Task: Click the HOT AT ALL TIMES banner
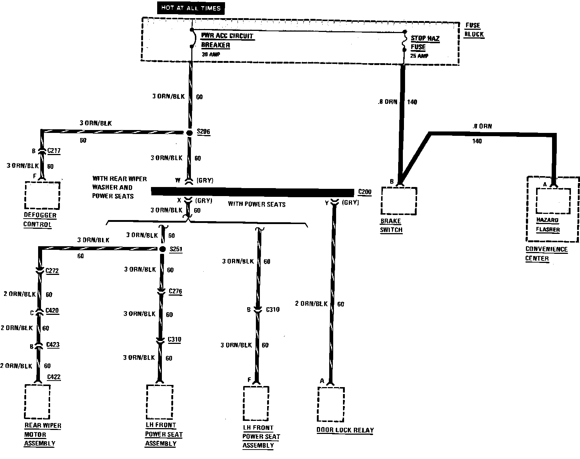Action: [191, 8]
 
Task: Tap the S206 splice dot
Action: [189, 133]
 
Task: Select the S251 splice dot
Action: [163, 249]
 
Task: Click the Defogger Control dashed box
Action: [42, 195]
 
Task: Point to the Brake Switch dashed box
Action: [399, 201]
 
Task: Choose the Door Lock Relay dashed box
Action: [331, 404]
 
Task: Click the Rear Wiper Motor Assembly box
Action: [37, 402]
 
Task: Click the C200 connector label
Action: [365, 192]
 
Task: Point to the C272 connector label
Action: [52, 271]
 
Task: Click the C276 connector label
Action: [175, 291]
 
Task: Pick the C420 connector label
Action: [52, 311]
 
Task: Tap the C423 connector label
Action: [53, 345]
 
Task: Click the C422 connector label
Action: [54, 377]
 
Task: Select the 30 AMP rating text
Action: [211, 54]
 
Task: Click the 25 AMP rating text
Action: [419, 56]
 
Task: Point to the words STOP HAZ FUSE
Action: [425, 42]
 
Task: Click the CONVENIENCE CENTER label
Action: [546, 254]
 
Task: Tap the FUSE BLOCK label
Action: [474, 30]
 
